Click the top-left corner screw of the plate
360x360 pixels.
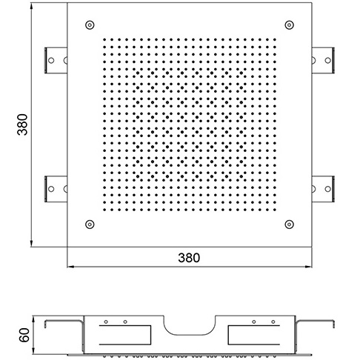[90, 25]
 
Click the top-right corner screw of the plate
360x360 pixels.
[289, 25]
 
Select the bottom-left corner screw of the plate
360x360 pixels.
[90, 224]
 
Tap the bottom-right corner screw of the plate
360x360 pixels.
[289, 224]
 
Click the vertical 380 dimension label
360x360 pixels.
[22, 124]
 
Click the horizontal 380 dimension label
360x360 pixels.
[189, 258]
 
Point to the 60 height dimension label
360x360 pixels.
[24, 335]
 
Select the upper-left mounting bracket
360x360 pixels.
[56, 60]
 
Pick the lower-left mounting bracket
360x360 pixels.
[56, 189]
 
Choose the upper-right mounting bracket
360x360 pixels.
[323, 60]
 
